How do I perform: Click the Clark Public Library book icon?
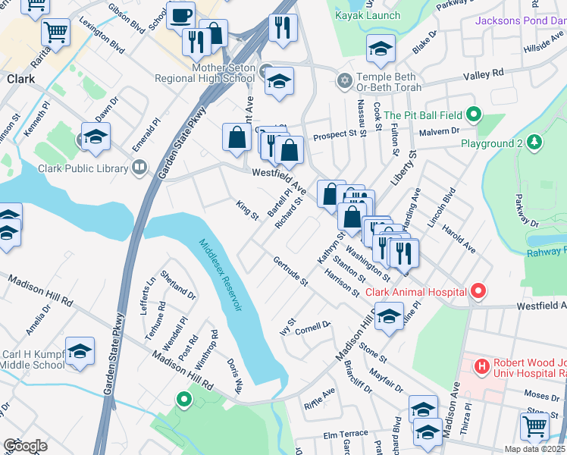[x=139, y=168]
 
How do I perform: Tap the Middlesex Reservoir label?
[x=221, y=275]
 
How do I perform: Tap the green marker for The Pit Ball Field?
[x=474, y=115]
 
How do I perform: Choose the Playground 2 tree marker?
[x=534, y=143]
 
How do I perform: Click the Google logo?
[x=25, y=446]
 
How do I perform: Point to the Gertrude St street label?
[x=291, y=271]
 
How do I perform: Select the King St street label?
[x=247, y=210]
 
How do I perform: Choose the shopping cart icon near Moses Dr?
[x=535, y=425]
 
